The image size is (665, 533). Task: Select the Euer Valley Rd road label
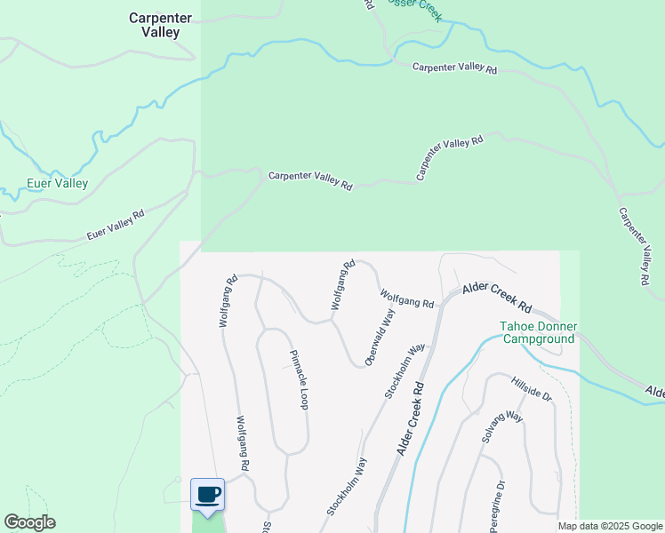point(116,226)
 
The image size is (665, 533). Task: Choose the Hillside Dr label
point(532,389)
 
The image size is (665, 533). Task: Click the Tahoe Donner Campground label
point(538,332)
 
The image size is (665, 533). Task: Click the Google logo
point(29,522)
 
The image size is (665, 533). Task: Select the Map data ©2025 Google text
point(609,526)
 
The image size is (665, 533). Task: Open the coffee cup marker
point(208,495)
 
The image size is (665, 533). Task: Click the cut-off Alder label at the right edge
point(654,391)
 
